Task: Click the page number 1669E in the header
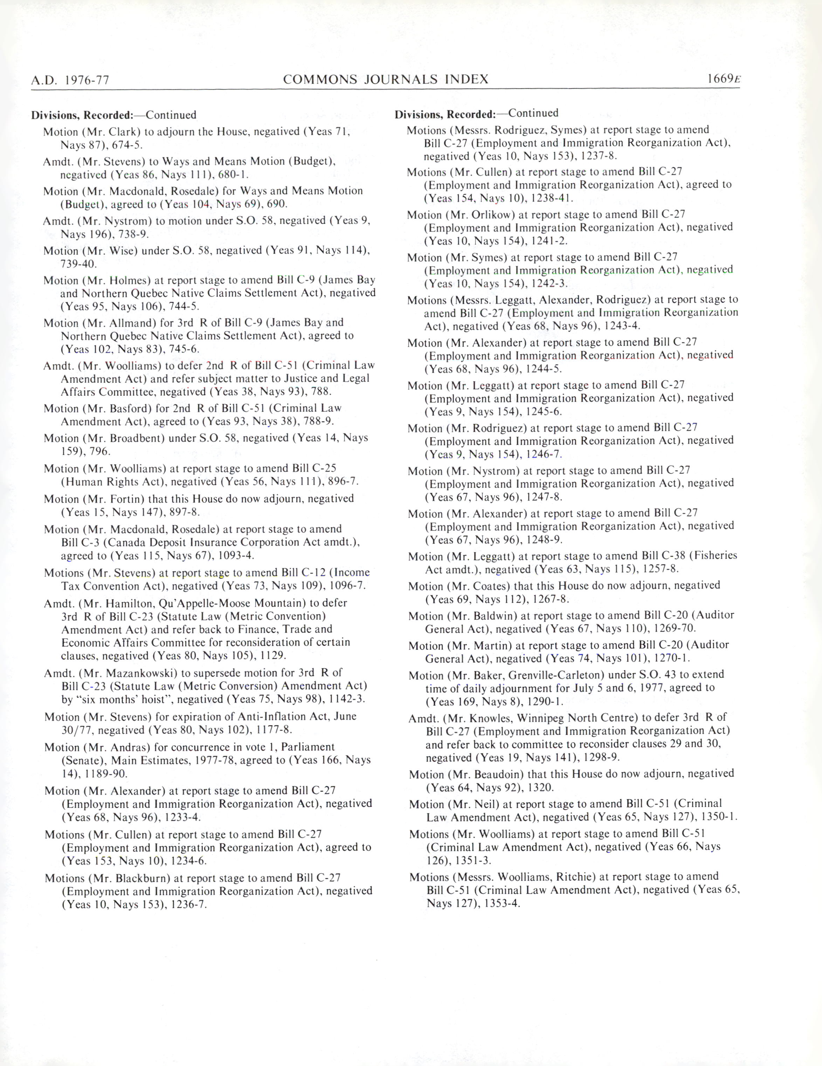[724, 79]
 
